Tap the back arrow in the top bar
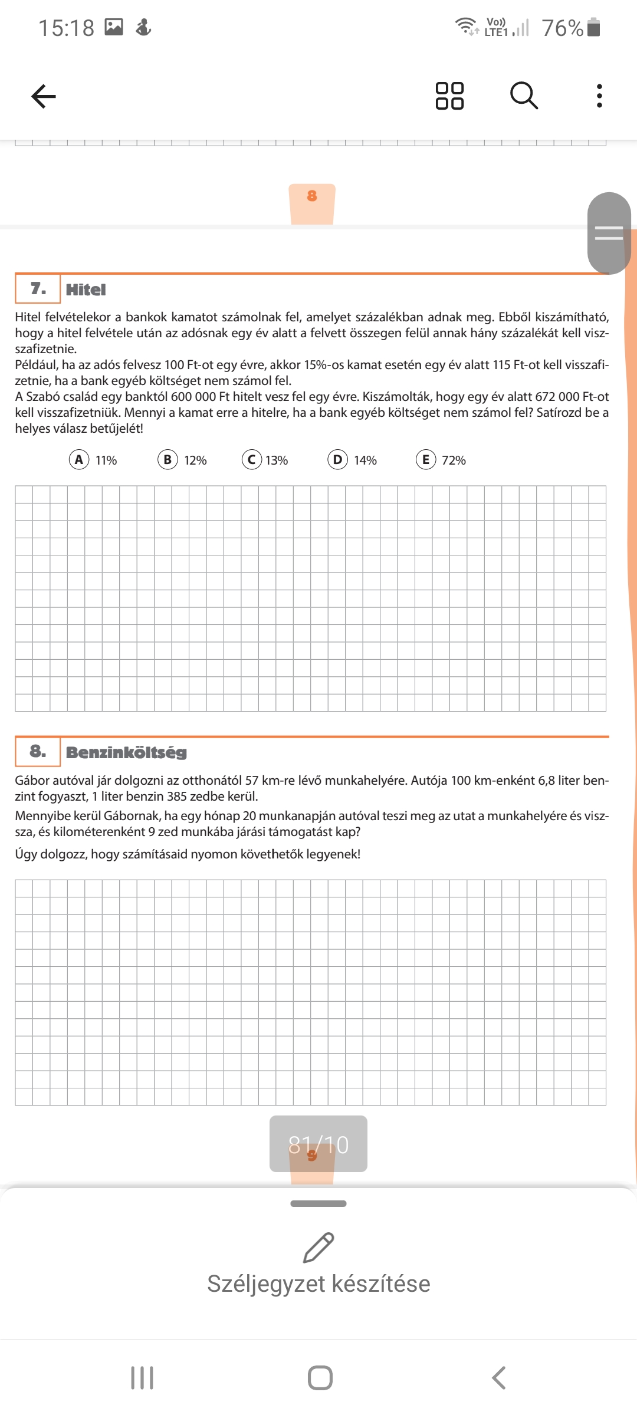point(44,96)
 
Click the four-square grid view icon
point(449,96)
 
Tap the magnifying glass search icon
point(524,96)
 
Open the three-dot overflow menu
point(599,96)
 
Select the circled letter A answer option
point(79,459)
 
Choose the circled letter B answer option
point(168,459)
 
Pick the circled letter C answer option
point(252,459)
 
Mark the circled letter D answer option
point(337,459)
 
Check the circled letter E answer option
point(426,459)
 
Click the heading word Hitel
point(86,289)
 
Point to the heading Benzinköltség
point(126,752)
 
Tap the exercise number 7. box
point(38,288)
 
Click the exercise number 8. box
point(38,751)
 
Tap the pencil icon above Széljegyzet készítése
point(318,1247)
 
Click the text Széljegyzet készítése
point(318,1284)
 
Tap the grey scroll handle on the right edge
point(609,233)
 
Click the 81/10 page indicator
point(318,1144)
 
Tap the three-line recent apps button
point(142,1378)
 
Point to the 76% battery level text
point(562,28)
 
